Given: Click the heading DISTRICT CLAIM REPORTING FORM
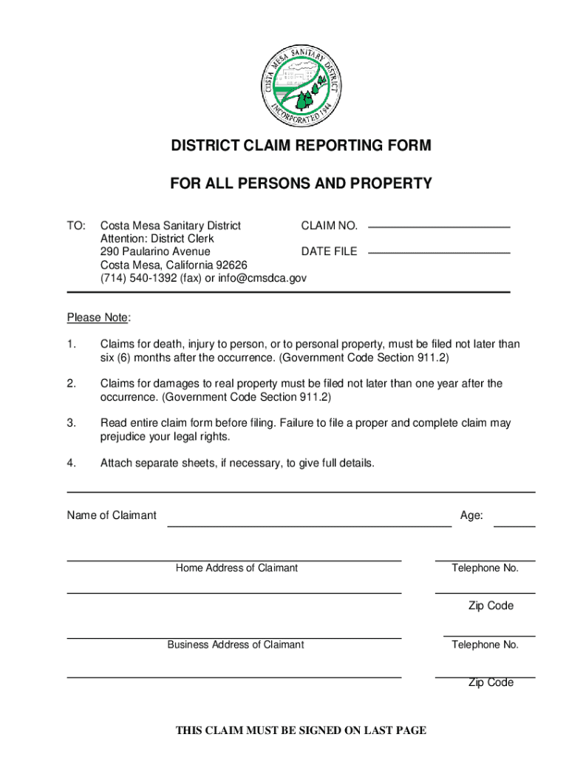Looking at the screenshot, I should tap(301, 146).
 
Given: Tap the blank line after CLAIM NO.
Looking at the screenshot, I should tap(439, 225).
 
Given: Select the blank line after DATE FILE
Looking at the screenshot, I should tap(439, 252).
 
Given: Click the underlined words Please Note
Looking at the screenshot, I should tap(98, 318).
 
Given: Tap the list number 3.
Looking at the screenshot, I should tap(71, 424).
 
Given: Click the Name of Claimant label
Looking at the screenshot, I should tap(112, 515).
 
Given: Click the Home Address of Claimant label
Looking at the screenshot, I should tap(236, 568).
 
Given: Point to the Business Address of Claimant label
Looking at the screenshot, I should tap(235, 645).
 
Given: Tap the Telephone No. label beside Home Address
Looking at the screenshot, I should tap(485, 568).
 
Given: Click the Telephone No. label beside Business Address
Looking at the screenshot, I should tap(485, 645).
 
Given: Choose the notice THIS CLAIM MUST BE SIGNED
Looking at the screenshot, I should tap(301, 730).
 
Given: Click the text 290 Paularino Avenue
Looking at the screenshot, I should tap(155, 252).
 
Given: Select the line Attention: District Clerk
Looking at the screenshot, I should tap(157, 239).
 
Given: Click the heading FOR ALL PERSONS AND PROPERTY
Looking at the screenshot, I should tap(301, 184).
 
